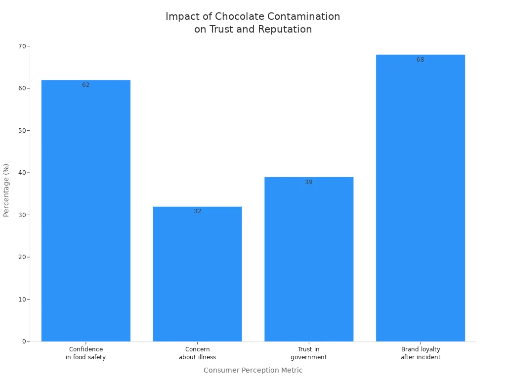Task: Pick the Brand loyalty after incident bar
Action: click(x=420, y=198)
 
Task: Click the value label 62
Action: click(x=86, y=85)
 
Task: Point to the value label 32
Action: click(x=198, y=211)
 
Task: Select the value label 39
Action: click(x=309, y=182)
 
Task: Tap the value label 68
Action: click(x=421, y=60)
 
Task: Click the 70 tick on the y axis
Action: click(x=22, y=46)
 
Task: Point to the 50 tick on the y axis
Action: click(x=22, y=131)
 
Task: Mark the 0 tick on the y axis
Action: click(x=24, y=341)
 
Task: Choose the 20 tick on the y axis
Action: click(x=22, y=257)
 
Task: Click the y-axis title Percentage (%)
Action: click(x=6, y=190)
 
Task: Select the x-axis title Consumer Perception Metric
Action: click(x=253, y=370)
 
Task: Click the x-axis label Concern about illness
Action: click(x=197, y=353)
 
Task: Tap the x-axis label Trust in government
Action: click(x=309, y=353)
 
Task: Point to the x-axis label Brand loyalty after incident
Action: click(x=421, y=353)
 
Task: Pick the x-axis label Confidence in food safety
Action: click(x=86, y=353)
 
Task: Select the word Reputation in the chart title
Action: click(x=285, y=30)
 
